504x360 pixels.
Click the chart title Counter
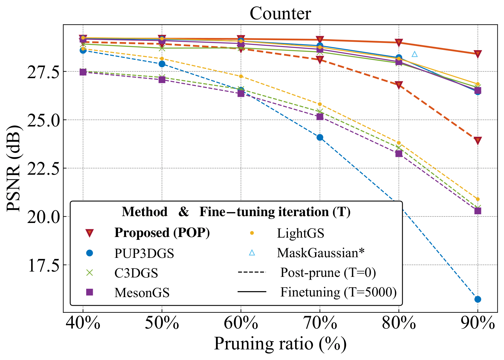pyautogui.click(x=280, y=14)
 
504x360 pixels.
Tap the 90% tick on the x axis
pyautogui.click(x=478, y=324)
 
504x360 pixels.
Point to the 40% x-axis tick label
pyautogui.click(x=83, y=324)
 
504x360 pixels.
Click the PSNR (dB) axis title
pyautogui.click(x=14, y=168)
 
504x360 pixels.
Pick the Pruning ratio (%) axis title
pyautogui.click(x=280, y=344)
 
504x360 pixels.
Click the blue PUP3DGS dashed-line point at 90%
pyautogui.click(x=478, y=299)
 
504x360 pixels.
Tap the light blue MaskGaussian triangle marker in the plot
pyautogui.click(x=414, y=54)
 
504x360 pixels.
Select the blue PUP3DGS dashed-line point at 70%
pyautogui.click(x=320, y=137)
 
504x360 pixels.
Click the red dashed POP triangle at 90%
pyautogui.click(x=478, y=140)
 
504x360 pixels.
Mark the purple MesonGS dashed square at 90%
pyautogui.click(x=478, y=211)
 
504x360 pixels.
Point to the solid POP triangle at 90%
pyautogui.click(x=478, y=54)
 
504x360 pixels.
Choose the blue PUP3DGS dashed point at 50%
pyautogui.click(x=162, y=64)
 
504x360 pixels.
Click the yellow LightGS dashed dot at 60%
pyautogui.click(x=241, y=76)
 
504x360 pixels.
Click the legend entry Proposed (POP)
pyautogui.click(x=162, y=233)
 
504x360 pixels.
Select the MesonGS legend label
pyautogui.click(x=142, y=292)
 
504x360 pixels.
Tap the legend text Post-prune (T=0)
pyautogui.click(x=328, y=272)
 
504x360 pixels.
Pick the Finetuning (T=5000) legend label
pyautogui.click(x=338, y=292)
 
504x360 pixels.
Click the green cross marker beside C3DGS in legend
pyautogui.click(x=90, y=273)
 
